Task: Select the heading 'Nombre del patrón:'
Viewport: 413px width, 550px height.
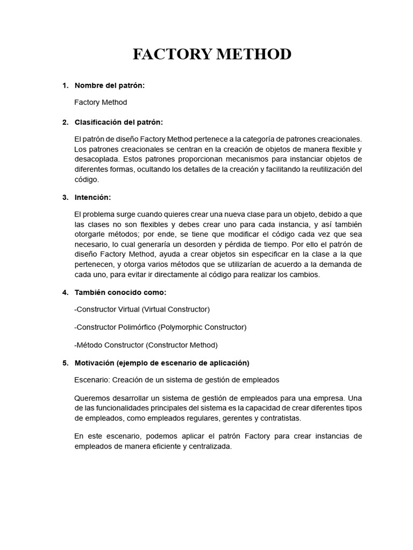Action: point(110,85)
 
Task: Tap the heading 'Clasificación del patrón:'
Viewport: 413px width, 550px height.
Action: point(118,122)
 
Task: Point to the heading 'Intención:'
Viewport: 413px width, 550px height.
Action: point(92,198)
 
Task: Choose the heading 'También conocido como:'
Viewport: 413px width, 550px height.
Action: point(120,293)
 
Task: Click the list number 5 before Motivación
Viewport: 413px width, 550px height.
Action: point(65,363)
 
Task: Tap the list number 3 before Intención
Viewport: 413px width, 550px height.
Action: point(65,198)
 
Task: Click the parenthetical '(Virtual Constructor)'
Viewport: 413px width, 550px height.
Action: point(176,310)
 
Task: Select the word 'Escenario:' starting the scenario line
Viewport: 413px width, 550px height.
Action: point(92,380)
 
